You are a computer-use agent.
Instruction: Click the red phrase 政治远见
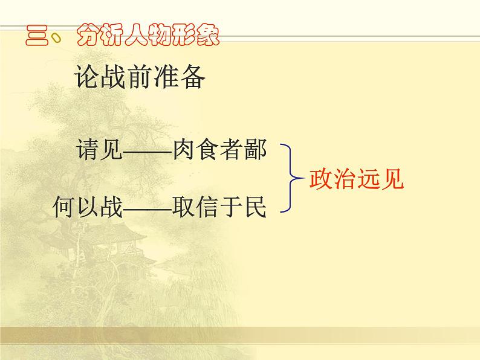tap(355, 179)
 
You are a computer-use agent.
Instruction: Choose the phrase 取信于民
tap(219, 207)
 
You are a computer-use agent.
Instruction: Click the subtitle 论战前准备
tap(140, 78)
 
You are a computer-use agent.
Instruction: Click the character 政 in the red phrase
tap(320, 179)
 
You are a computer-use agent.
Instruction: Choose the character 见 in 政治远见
tap(391, 179)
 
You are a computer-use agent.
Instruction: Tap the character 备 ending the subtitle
tap(193, 78)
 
